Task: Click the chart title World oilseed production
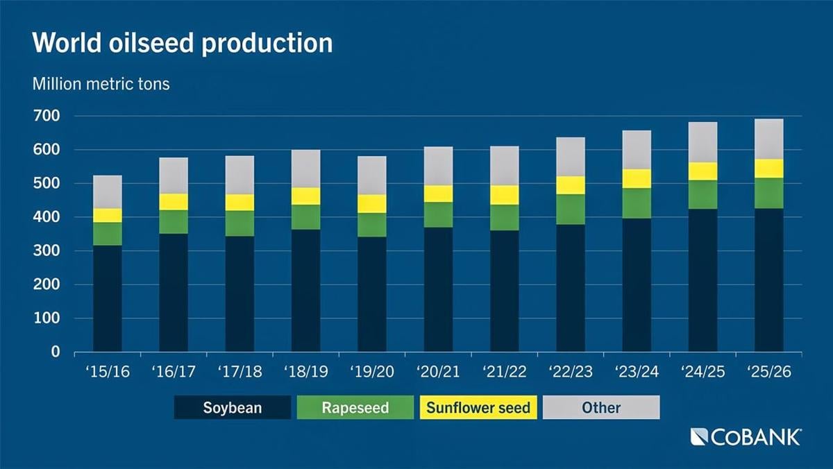click(182, 43)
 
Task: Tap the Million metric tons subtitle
click(101, 85)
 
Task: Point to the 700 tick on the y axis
click(47, 116)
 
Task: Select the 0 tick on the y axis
click(56, 352)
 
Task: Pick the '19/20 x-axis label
click(371, 373)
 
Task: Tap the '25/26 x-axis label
click(768, 373)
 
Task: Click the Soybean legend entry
click(232, 407)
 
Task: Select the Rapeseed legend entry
click(355, 407)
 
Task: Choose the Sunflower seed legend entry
click(478, 407)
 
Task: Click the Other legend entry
click(600, 407)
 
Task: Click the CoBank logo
click(746, 437)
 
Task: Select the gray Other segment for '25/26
click(768, 139)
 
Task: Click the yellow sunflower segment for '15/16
click(107, 215)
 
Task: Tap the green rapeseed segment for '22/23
click(570, 209)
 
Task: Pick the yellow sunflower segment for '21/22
click(504, 195)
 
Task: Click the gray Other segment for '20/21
click(437, 166)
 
